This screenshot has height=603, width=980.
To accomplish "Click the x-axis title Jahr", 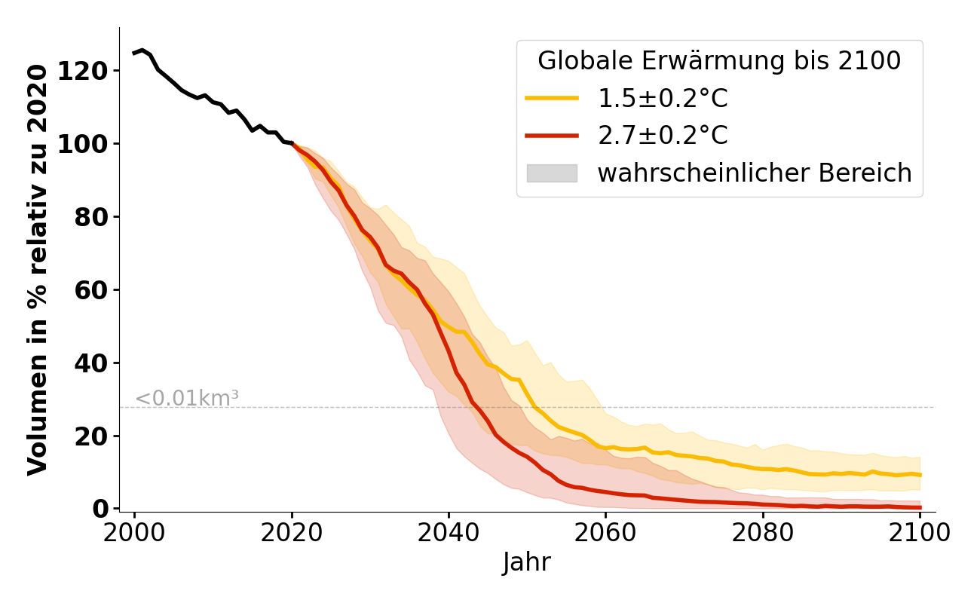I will click(527, 562).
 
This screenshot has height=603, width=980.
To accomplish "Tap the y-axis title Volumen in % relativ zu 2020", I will click(38, 269).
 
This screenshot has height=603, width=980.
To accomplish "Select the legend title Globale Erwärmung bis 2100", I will click(719, 61).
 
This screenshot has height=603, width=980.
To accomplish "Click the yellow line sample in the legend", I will click(552, 98).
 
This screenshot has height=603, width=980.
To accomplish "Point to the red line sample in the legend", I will click(552, 136).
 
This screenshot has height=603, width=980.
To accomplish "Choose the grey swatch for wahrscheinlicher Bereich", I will click(552, 173).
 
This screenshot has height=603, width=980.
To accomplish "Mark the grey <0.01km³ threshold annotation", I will click(187, 398).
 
